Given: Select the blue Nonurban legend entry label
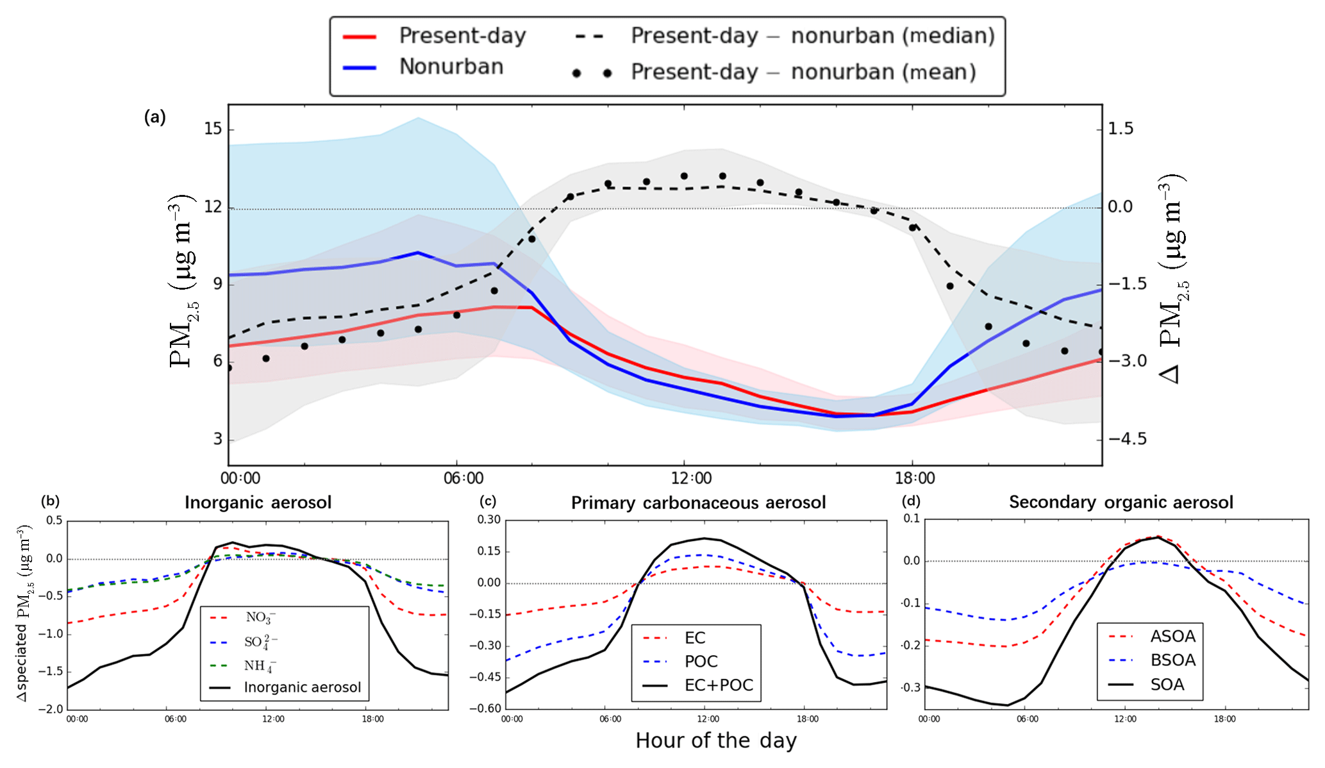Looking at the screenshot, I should click(x=451, y=67).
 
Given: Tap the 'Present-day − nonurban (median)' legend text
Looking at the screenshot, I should click(x=813, y=36).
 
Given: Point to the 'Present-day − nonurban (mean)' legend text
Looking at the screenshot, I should click(x=803, y=72).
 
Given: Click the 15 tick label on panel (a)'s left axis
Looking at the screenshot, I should click(x=213, y=129).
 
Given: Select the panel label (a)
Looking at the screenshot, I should click(x=155, y=117).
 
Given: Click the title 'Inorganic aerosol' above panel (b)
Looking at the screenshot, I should click(x=258, y=502).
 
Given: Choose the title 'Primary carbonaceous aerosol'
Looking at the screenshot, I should click(x=698, y=503).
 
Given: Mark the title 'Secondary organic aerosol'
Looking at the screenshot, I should click(x=1121, y=502).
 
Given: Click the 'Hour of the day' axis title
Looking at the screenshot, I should click(x=715, y=740).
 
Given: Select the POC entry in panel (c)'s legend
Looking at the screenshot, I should click(x=701, y=662).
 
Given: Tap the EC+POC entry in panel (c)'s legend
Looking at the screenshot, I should click(x=719, y=685).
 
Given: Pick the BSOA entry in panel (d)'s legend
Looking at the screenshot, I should click(x=1173, y=660).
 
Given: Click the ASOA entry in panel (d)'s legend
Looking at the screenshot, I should click(x=1173, y=637).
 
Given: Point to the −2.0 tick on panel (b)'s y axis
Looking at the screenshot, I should click(x=54, y=709).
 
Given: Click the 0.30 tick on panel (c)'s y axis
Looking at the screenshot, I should click(x=489, y=520).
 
